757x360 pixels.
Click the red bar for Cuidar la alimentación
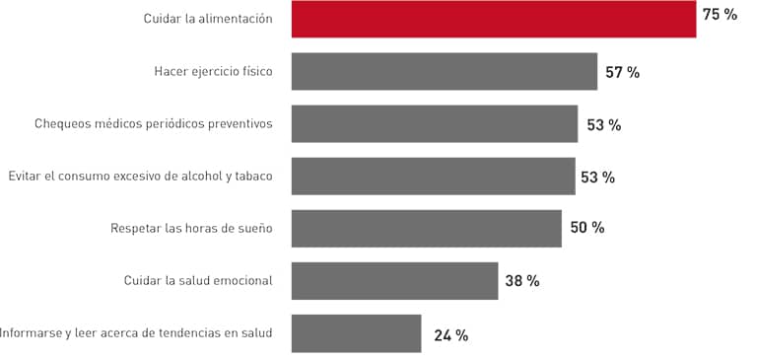pyautogui.click(x=493, y=20)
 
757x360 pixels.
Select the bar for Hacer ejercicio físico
pyautogui.click(x=444, y=72)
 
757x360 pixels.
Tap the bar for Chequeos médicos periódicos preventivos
pyautogui.click(x=434, y=124)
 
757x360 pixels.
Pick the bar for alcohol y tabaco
pyautogui.click(x=433, y=177)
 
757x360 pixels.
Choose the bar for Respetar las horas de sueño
pyautogui.click(x=426, y=229)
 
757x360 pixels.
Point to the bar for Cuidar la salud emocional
pyautogui.click(x=394, y=281)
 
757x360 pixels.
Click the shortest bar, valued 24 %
pyautogui.click(x=356, y=333)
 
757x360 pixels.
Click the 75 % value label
pyautogui.click(x=720, y=15)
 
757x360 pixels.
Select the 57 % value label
pyautogui.click(x=622, y=73)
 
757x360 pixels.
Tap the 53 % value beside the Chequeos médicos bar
pyautogui.click(x=603, y=125)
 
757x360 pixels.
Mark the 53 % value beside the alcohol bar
pyautogui.click(x=597, y=178)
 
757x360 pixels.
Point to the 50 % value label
pyautogui.click(x=586, y=228)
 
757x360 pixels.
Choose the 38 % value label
pyautogui.click(x=521, y=281)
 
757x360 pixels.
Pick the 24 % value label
pyautogui.click(x=450, y=335)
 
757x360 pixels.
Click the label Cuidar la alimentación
pyautogui.click(x=207, y=20)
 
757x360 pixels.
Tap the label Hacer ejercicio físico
pyautogui.click(x=213, y=72)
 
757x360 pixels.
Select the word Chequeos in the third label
pyautogui.click(x=61, y=124)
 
